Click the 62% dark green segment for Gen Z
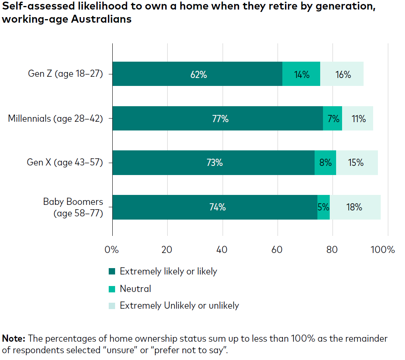197,74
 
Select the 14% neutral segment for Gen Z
301,74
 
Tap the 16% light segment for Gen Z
342,74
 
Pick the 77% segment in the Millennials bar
217,118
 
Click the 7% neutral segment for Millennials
333,118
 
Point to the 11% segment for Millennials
358,118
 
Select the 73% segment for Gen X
213,163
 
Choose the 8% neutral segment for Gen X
325,163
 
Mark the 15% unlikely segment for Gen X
357,163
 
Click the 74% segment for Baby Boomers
215,207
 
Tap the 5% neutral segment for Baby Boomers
323,207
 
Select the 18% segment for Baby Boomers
355,207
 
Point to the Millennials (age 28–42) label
56,118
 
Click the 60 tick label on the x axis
277,250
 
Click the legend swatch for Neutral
112,289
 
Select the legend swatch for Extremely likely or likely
112,272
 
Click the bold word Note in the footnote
14,339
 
